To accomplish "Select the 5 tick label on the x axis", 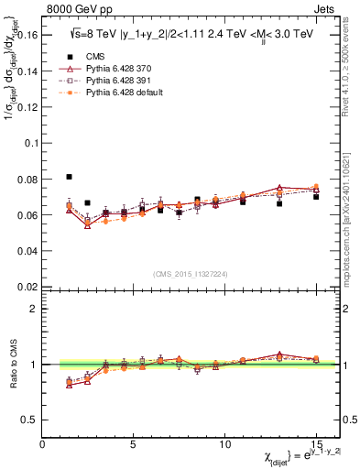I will tap(135, 446).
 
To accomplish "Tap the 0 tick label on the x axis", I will tap(43, 446).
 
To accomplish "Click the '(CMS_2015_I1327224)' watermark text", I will tap(191, 272).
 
